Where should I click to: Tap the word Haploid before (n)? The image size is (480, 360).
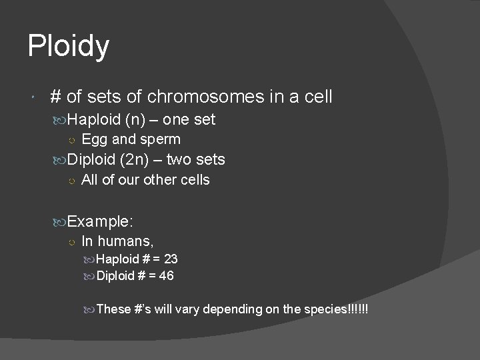94,121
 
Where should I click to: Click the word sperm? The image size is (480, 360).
162,140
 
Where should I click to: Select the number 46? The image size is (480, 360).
167,275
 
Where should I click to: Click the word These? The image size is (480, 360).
113,309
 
